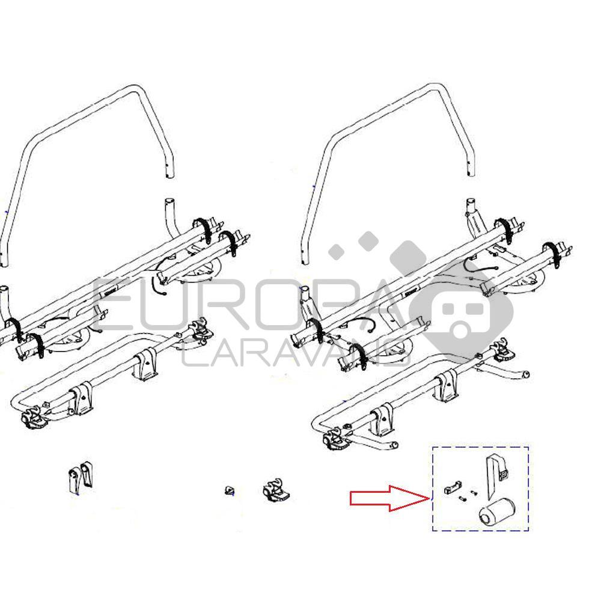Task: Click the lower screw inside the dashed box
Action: [x=463, y=498]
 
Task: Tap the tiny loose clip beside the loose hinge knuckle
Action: [x=229, y=490]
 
